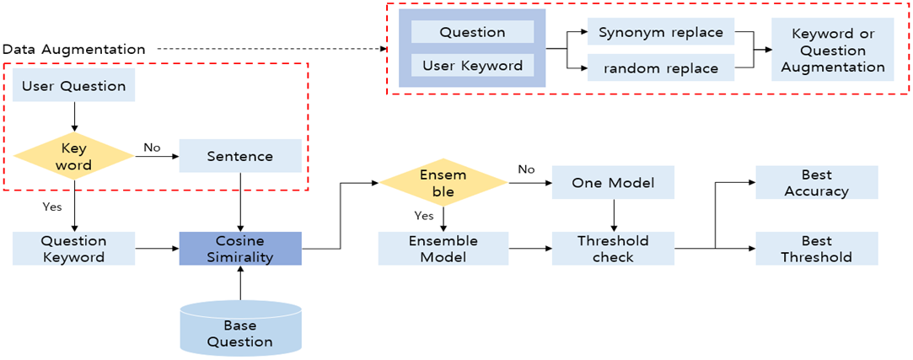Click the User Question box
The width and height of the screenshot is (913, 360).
click(73, 86)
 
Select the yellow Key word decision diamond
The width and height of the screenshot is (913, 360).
click(73, 156)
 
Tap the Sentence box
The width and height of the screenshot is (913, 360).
click(240, 156)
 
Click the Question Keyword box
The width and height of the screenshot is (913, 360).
click(73, 249)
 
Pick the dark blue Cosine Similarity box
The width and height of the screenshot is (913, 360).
click(240, 249)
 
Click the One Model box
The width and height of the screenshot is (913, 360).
click(613, 183)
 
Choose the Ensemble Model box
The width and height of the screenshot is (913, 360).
click(443, 249)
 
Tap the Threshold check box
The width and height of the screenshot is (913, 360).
click(613, 249)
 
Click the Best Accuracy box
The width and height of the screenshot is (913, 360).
click(816, 183)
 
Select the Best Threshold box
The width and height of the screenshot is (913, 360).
click(816, 249)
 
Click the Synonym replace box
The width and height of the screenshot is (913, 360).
click(660, 33)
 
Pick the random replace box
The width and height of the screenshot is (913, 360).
click(660, 68)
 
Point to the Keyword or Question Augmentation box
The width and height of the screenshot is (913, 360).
click(832, 51)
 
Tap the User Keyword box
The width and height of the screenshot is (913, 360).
click(472, 65)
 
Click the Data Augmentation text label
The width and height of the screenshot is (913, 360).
click(73, 49)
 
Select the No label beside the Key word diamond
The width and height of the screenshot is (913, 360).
click(152, 148)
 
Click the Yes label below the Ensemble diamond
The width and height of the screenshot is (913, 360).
click(424, 215)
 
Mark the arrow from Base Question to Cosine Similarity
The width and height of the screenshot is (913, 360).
click(240, 282)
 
